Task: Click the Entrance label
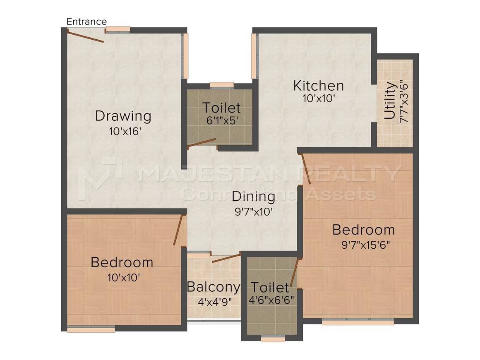click(86, 22)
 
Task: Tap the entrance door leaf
click(85, 36)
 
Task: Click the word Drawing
click(123, 116)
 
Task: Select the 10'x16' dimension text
click(125, 132)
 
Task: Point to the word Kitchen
click(318, 86)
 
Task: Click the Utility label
click(390, 101)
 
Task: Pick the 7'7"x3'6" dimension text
click(404, 101)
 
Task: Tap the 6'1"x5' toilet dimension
click(222, 120)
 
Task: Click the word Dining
click(254, 197)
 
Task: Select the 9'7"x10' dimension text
click(254, 211)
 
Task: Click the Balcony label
click(214, 287)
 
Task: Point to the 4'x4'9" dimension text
click(215, 302)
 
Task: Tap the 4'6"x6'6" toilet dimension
click(271, 300)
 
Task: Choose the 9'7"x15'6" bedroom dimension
click(365, 245)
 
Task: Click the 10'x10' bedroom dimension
click(124, 278)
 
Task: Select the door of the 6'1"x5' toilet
click(202, 143)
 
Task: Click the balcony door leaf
click(226, 258)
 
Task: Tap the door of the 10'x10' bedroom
click(178, 230)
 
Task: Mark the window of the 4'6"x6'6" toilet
click(273, 338)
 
